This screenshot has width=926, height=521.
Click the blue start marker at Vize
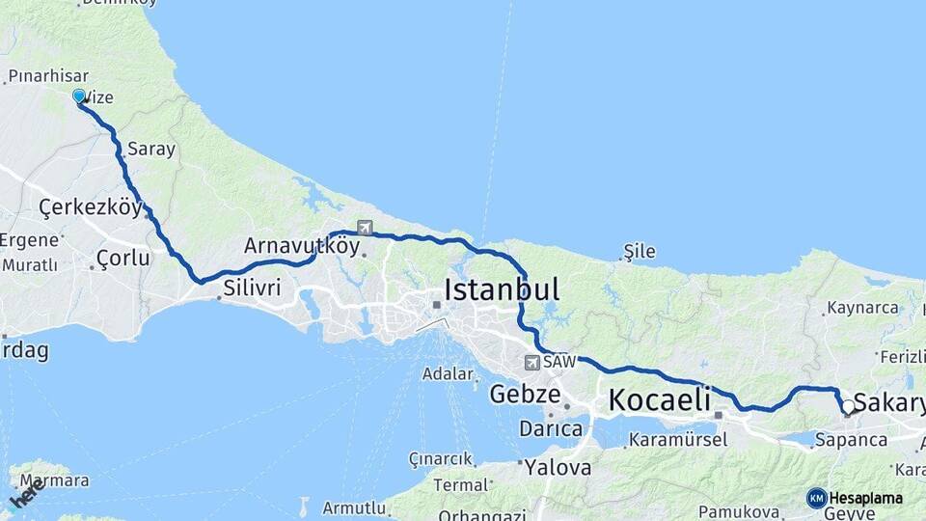click(79, 96)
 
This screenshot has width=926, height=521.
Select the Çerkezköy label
click(91, 207)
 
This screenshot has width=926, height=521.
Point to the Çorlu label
click(123, 259)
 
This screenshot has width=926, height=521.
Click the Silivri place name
click(252, 288)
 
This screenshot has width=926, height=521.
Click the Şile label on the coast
click(640, 252)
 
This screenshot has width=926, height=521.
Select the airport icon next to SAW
click(531, 363)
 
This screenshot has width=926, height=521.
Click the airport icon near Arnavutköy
click(365, 229)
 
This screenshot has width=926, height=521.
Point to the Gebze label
click(525, 394)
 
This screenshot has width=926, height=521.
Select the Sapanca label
click(851, 440)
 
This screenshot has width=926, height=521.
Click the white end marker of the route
click(848, 407)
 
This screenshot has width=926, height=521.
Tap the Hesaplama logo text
click(866, 498)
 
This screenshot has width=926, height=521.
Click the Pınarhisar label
click(48, 75)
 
